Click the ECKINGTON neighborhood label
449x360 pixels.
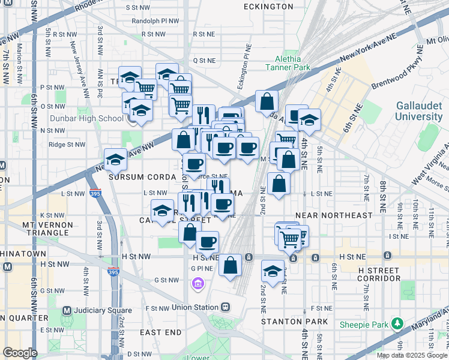(x=268, y=7)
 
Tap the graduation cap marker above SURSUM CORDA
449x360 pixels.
(x=115, y=160)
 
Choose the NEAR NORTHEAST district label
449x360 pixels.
(x=334, y=215)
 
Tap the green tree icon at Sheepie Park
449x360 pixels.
(x=396, y=324)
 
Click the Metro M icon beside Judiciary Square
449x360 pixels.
(x=66, y=310)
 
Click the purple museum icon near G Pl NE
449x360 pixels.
(x=197, y=283)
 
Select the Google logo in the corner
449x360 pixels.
(x=20, y=353)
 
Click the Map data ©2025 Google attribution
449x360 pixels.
(x=412, y=355)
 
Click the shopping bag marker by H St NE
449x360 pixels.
(x=230, y=265)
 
